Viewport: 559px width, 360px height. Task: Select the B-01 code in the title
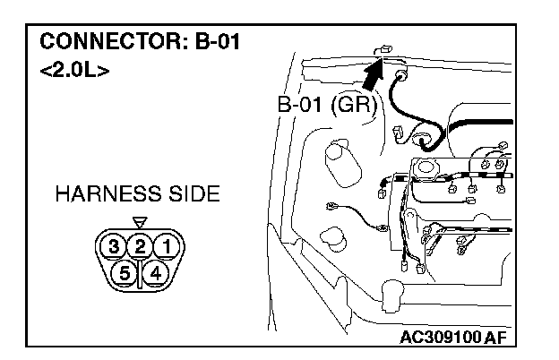[214, 41]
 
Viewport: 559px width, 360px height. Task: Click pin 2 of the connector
[140, 245]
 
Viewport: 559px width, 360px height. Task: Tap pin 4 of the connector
[156, 271]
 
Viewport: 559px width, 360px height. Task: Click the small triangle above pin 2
[138, 222]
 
